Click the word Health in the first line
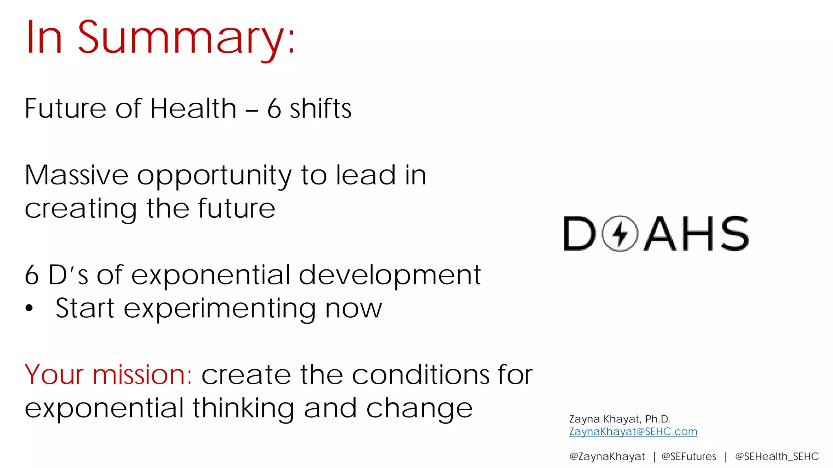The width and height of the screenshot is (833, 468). point(193,109)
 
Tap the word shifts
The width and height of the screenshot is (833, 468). point(320,109)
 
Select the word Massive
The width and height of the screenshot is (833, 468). point(76,175)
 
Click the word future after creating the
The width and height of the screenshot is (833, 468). point(236,208)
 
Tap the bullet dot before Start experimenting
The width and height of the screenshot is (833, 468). point(29,308)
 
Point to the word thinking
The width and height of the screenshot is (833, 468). point(243,409)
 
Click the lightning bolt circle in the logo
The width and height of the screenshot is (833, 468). point(620,234)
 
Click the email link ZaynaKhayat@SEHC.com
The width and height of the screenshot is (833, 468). point(633,431)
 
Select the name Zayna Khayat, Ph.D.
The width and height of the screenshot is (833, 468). point(619,419)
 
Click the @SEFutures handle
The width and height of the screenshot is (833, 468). point(689,457)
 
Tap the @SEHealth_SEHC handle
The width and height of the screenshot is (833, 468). point(776,457)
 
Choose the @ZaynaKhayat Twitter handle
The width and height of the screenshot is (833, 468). point(607,457)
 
